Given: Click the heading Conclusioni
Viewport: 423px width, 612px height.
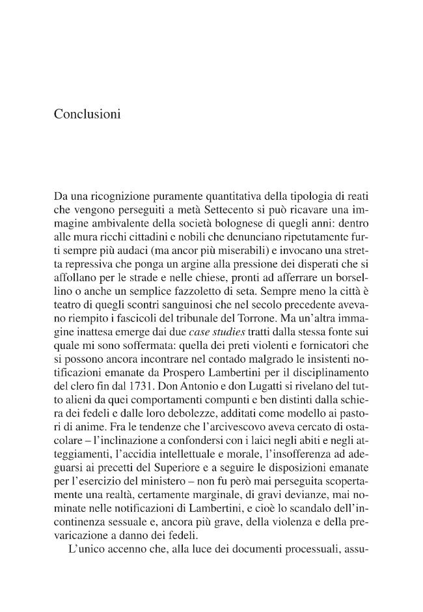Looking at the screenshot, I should click(87, 114).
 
